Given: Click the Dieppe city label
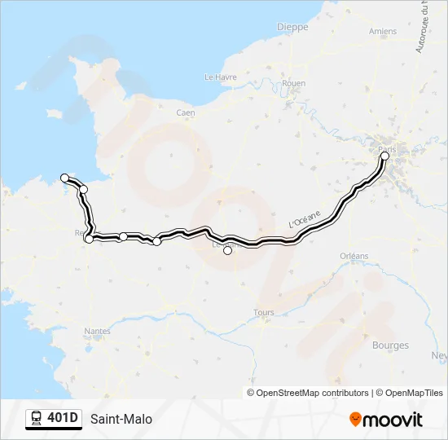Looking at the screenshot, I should tap(292, 26).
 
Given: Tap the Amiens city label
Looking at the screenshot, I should tap(382, 32).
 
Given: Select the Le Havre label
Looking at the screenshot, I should tap(220, 77).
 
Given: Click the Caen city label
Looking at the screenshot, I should tap(186, 112).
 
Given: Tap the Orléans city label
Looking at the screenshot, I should tap(354, 256).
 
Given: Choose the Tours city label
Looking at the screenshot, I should tap(264, 312).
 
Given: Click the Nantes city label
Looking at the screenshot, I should tap(98, 331).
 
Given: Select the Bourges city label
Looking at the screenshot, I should tap(390, 345).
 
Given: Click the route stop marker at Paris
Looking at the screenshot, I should tap(385, 155).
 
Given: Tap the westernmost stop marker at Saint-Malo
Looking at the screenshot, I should tap(64, 178).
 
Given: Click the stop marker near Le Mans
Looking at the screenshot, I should tap(227, 250).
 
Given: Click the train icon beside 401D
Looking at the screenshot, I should tap(37, 419).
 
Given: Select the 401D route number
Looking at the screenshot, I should tap(63, 419).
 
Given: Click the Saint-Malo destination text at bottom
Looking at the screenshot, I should tap(121, 420).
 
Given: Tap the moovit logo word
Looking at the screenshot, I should tap(393, 420).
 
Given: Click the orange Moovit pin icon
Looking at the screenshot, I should tap(355, 420).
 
